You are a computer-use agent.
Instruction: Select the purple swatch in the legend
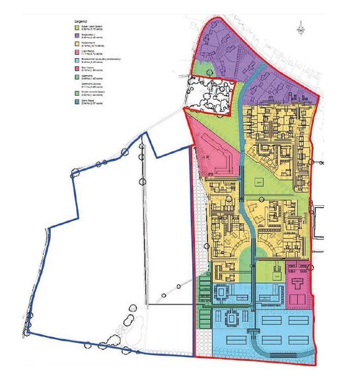click(76, 36)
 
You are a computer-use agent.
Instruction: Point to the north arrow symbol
click(301, 26)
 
